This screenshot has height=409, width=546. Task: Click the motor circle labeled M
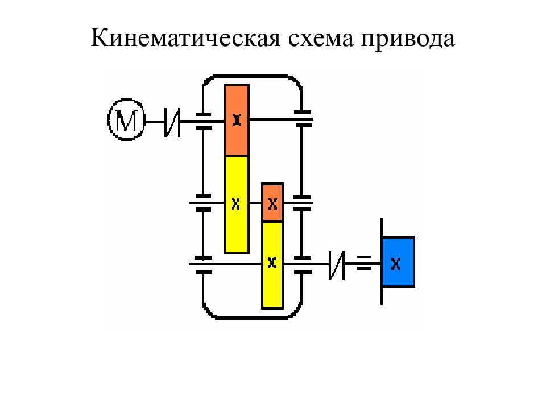click(126, 120)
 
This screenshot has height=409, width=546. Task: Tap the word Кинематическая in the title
click(185, 37)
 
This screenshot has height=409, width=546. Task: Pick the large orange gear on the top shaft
click(237, 120)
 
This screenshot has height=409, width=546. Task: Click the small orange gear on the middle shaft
click(272, 202)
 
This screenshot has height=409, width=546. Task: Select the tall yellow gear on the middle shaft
click(237, 204)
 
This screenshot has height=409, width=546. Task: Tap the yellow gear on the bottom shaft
click(272, 265)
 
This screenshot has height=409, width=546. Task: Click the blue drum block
click(398, 262)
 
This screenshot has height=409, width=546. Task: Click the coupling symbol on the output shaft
click(337, 265)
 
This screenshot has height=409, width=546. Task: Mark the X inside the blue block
click(396, 264)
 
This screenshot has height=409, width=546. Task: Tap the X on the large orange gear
click(237, 120)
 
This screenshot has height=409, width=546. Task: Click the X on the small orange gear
click(272, 204)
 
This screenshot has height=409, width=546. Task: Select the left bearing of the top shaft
click(204, 121)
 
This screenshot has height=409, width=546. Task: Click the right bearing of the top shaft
click(303, 119)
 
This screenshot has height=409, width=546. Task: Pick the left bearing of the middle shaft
click(203, 203)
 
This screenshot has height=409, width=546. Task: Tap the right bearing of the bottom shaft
click(303, 265)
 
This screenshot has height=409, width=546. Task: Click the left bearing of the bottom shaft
click(204, 265)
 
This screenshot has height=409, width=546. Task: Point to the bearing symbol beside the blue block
click(364, 262)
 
